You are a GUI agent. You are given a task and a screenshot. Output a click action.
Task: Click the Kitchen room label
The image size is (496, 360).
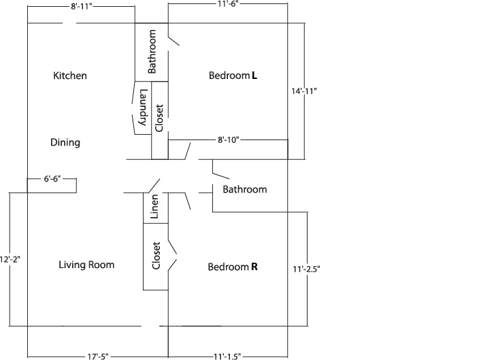pyautogui.click(x=70, y=76)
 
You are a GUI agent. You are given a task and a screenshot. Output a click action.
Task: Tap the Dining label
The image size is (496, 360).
pyautogui.click(x=65, y=142)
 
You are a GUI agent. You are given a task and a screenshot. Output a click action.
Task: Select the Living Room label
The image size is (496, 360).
pyautogui.click(x=86, y=265)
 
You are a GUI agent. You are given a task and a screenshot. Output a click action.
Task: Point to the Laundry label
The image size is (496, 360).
pyautogui.click(x=144, y=108)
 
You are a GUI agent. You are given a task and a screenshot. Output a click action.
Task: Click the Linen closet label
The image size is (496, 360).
pyautogui.click(x=154, y=206)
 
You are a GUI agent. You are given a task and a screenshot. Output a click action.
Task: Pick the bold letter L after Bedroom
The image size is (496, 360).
pyautogui.click(x=254, y=76)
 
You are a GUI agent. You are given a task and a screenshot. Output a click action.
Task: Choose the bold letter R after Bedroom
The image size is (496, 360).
pyautogui.click(x=254, y=267)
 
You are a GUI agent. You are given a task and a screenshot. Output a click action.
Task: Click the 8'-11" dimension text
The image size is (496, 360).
pyautogui.click(x=81, y=6)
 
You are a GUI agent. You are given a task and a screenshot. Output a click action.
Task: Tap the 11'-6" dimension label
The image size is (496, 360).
pyautogui.click(x=228, y=4)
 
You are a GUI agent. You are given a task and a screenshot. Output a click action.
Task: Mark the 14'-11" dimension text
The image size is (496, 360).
pyautogui.click(x=304, y=91)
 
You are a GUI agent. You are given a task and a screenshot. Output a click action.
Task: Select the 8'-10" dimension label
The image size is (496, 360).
pyautogui.click(x=229, y=140)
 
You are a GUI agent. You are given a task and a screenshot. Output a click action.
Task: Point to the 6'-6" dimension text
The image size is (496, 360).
pyautogui.click(x=52, y=179)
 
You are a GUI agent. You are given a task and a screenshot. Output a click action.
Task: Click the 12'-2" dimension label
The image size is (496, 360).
pyautogui.click(x=10, y=259)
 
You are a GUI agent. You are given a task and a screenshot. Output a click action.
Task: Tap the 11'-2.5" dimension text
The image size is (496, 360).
pyautogui.click(x=306, y=269)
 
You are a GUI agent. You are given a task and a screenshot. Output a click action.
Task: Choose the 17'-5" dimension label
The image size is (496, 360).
pyautogui.click(x=98, y=357)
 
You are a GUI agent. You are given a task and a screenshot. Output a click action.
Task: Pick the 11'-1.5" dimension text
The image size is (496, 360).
pyautogui.click(x=227, y=357)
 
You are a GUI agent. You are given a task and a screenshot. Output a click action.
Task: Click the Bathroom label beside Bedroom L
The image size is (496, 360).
pyautogui.click(x=152, y=51)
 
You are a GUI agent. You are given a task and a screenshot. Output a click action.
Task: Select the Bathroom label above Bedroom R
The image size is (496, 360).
pyautogui.click(x=245, y=189)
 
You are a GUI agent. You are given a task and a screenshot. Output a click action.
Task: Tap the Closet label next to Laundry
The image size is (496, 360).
pyautogui.click(x=159, y=118)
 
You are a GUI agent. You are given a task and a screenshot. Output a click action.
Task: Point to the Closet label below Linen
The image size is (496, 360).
pyautogui.click(x=156, y=256)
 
